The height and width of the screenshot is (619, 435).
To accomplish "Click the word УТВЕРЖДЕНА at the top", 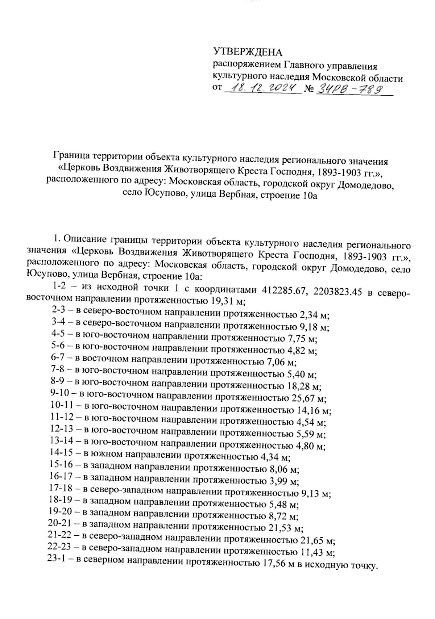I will coord(247,53).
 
